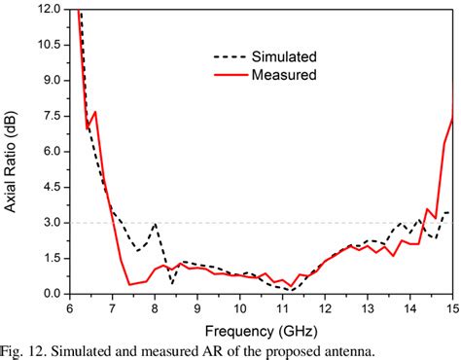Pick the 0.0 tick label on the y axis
(53, 294)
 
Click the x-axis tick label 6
(70, 308)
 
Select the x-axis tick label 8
(155, 308)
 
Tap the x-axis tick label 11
(282, 308)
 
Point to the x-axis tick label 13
(367, 308)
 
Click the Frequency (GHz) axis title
(260, 328)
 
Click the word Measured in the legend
(283, 73)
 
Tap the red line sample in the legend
(230, 73)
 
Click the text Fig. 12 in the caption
(23, 348)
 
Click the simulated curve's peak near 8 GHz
(156, 224)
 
